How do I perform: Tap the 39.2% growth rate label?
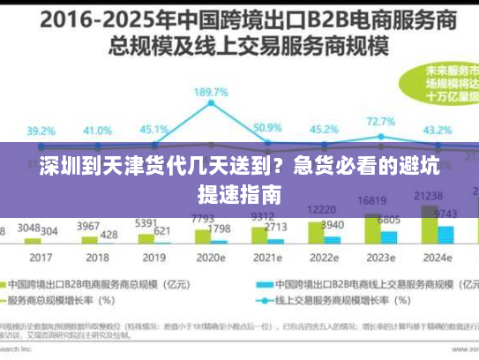[40, 131]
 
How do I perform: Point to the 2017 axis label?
[40, 258]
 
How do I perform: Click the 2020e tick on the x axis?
[213, 258]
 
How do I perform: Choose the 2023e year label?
[380, 258]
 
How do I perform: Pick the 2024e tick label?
[437, 258]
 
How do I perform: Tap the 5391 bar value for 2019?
[145, 223]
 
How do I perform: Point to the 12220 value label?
[319, 209]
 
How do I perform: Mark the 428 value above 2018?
[109, 234]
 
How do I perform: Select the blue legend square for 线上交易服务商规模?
[262, 285]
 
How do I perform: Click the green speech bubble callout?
[438, 85]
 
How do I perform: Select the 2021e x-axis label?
[267, 258]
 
